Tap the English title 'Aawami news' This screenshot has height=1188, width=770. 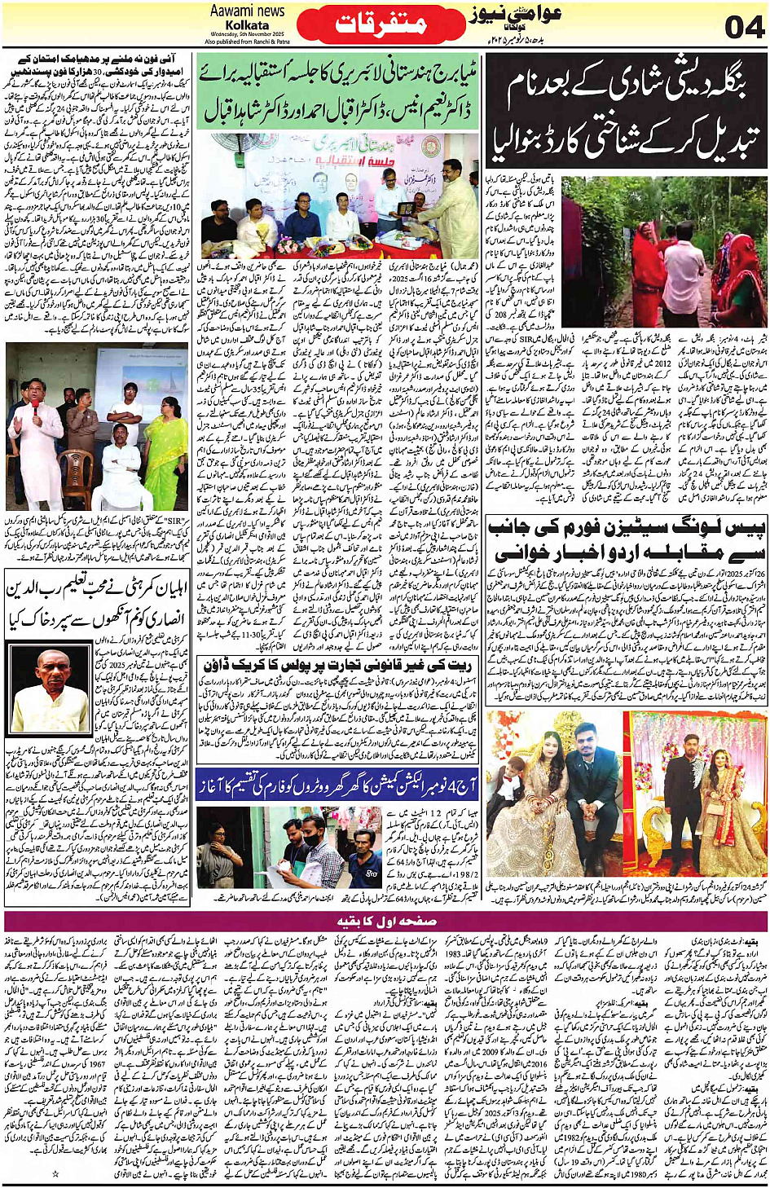click(247, 11)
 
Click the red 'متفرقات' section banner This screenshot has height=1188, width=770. click(381, 23)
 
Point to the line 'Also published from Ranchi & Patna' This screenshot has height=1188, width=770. click(247, 41)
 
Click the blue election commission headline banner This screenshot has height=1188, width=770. click(338, 784)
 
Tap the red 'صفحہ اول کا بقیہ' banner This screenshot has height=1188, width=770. click(385, 922)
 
